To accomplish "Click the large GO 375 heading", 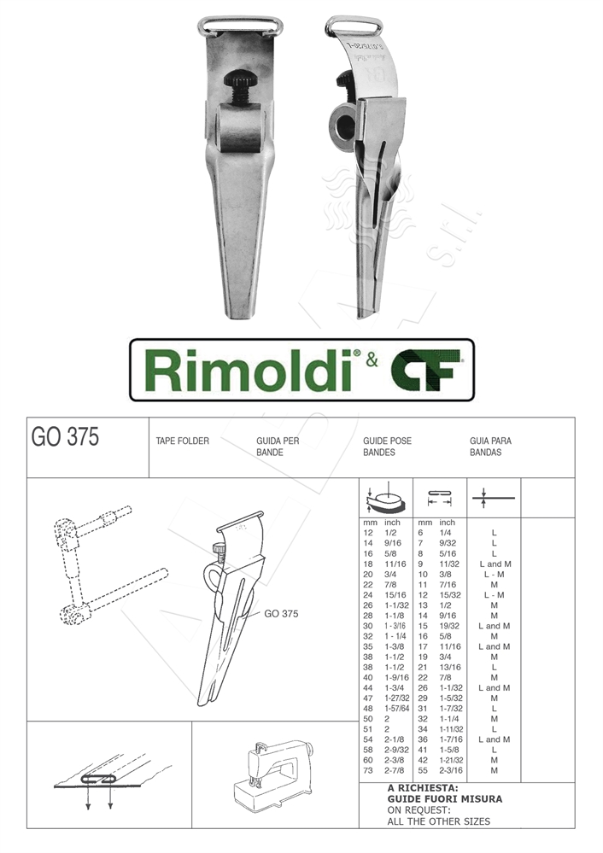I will pos(65,437).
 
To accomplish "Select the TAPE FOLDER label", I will pos(182,441).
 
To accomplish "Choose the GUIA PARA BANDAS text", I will pos(490,447).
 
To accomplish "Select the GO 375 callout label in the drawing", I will pos(281,613).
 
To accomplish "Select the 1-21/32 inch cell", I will pos(453,760).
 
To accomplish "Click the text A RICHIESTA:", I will pos(423,788).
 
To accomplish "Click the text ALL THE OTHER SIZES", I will pos(439,821).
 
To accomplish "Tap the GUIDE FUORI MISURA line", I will pos(444,799).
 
